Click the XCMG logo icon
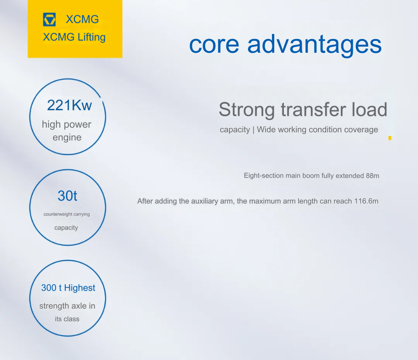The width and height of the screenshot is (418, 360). [49, 19]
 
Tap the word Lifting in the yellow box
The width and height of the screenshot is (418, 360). [92, 37]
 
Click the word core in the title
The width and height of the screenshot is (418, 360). [214, 45]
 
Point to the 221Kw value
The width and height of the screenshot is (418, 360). [69, 105]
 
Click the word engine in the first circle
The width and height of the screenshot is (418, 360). [67, 138]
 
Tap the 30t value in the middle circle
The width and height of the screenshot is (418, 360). [68, 196]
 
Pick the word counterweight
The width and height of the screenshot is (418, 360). [58, 214]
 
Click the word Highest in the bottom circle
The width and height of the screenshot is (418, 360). [80, 288]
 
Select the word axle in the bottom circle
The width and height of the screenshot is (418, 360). [79, 306]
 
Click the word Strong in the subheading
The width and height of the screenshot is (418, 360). [247, 110]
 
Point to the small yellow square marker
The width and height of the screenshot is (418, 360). [390, 138]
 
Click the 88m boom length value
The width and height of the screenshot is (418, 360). [373, 176]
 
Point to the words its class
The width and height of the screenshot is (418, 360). [67, 319]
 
